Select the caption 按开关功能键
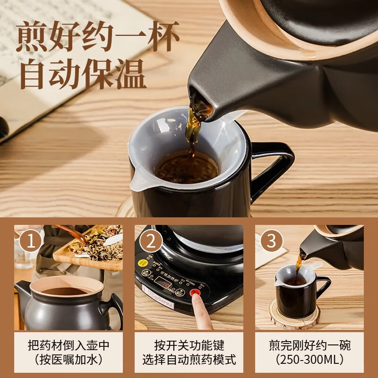(189, 345)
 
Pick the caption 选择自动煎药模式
(189, 361)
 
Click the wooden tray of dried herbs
(90, 255)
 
